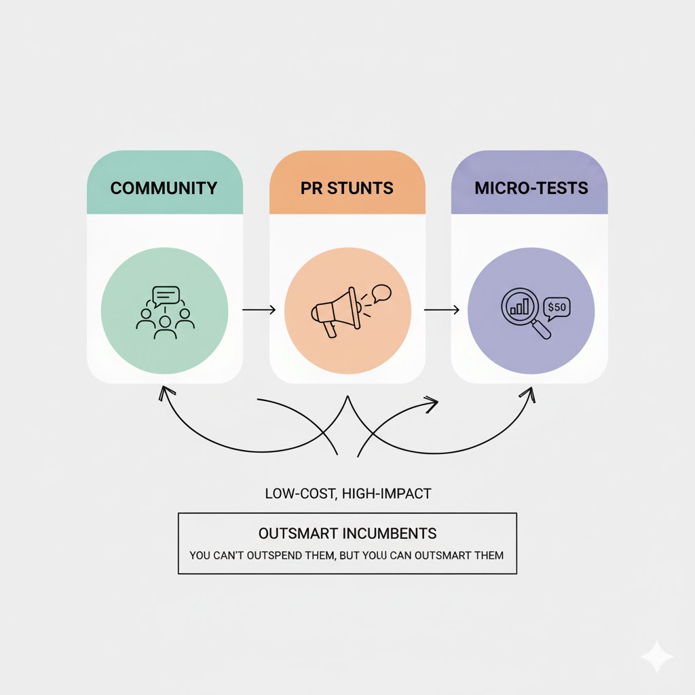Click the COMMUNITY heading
164,188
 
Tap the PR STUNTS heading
347,188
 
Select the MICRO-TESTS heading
531,188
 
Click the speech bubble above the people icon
166,295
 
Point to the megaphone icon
335,312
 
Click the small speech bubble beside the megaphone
381,293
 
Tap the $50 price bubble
557,307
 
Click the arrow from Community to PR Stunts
259,310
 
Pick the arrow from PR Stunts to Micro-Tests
441,310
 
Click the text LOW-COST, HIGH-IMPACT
347,493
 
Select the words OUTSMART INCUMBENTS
347,533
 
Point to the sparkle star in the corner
657,657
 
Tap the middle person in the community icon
165,327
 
